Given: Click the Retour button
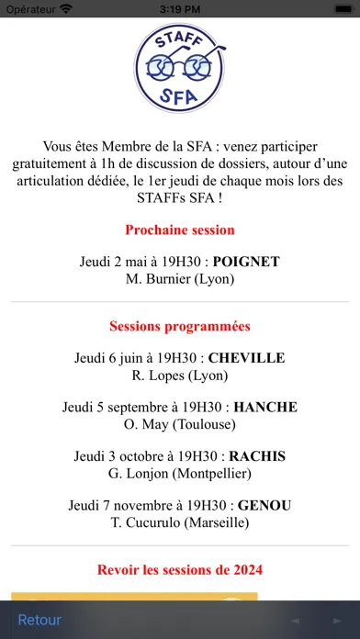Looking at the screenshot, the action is [x=39, y=620].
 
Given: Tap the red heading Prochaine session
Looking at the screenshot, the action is [x=180, y=230].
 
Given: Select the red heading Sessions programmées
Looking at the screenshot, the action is [x=180, y=326].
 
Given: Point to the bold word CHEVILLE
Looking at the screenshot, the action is [x=247, y=358].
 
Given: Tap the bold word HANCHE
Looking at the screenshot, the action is [x=265, y=407].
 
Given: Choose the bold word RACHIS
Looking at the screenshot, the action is [x=257, y=456].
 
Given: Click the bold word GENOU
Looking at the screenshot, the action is [x=261, y=505].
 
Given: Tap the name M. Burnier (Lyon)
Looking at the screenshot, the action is [x=180, y=278].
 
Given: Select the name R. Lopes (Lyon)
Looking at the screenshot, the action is [x=180, y=375].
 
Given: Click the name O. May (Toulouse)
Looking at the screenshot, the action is [x=180, y=424].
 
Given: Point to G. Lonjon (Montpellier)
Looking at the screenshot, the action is [x=180, y=473].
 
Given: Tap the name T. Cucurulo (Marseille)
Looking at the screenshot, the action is [x=180, y=522].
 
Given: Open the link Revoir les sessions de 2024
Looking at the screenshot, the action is [x=180, y=570].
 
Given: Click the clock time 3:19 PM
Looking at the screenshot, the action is [x=180, y=9].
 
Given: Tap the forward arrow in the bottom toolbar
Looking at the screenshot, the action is [x=332, y=621].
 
